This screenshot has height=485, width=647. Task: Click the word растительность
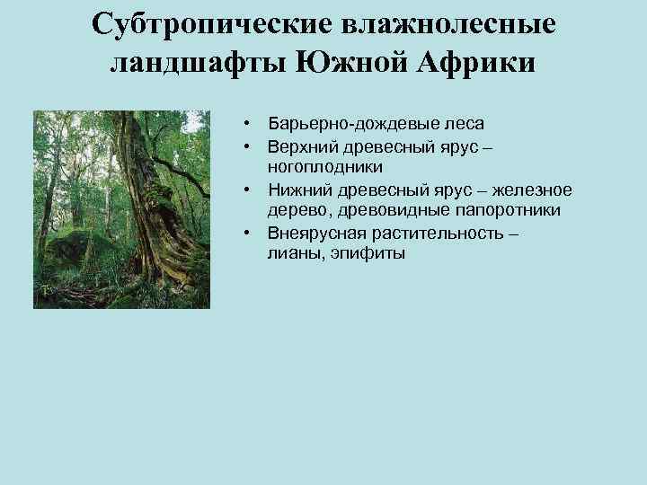(x=432, y=233)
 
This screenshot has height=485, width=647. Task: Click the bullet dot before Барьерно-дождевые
(x=244, y=123)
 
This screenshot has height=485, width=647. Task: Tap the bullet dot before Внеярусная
(x=244, y=233)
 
